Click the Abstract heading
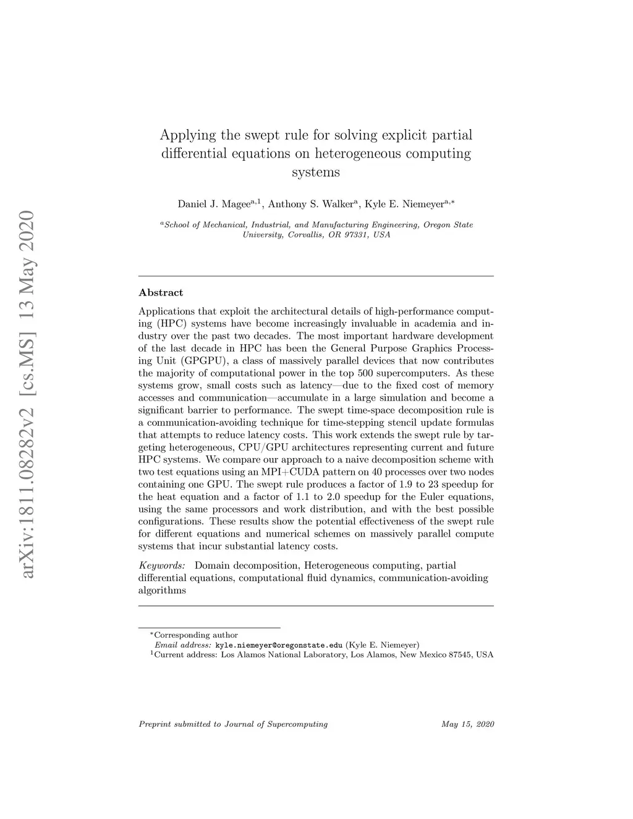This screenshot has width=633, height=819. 161,292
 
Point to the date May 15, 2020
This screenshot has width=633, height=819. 468,724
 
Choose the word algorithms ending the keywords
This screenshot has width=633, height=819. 162,590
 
